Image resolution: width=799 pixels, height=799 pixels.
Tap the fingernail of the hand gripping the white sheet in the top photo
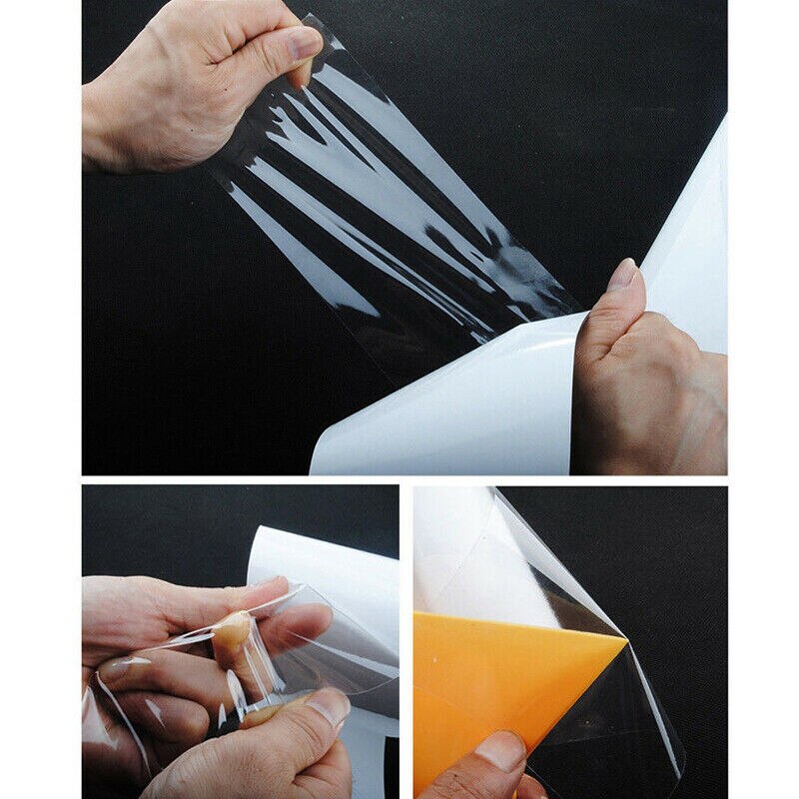point(622,274)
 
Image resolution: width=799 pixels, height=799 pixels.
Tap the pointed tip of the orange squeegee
point(625,640)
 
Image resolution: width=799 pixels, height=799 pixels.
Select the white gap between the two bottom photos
point(406,639)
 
